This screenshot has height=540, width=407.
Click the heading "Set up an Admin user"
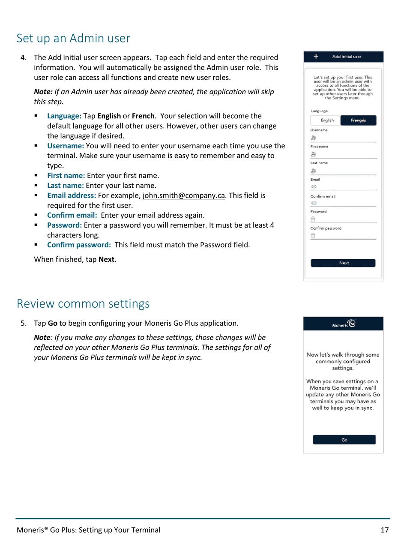pyautogui.click(x=73, y=39)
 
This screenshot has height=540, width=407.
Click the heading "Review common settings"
pyautogui.click(x=83, y=304)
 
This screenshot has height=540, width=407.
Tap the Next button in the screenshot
pyautogui.click(x=343, y=263)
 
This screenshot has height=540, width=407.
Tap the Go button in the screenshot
pyautogui.click(x=344, y=440)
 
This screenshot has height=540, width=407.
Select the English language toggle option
pyautogui.click(x=326, y=120)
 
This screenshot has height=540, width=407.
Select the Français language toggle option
pyautogui.click(x=358, y=120)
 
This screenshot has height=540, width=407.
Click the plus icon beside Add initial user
pyautogui.click(x=316, y=57)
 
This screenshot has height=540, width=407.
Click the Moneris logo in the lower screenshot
pyautogui.click(x=344, y=324)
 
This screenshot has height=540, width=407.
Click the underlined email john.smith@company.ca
pyautogui.click(x=184, y=195)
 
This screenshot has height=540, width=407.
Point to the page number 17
pyautogui.click(x=385, y=530)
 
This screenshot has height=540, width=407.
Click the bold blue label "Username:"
pyautogui.click(x=66, y=146)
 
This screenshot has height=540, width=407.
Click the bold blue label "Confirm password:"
pyautogui.click(x=79, y=245)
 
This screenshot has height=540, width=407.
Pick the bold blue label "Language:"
pyautogui.click(x=64, y=116)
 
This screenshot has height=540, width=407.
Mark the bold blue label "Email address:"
pyautogui.click(x=72, y=195)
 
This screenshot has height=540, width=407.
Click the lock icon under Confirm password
pyautogui.click(x=313, y=235)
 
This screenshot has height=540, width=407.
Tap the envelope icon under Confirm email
pyautogui.click(x=314, y=203)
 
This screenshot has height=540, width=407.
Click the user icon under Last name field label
pyautogui.click(x=314, y=171)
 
